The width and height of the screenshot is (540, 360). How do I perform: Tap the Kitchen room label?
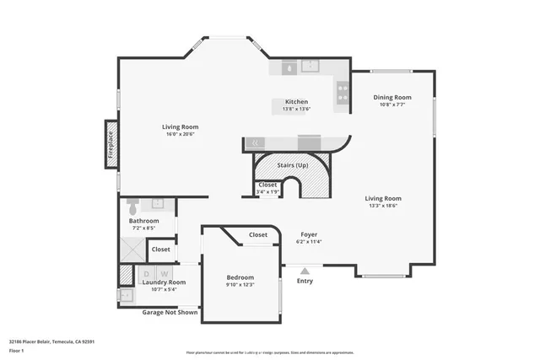point(296,101)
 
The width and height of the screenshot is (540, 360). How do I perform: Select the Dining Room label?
point(392,97)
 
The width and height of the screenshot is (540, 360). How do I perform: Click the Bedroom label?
point(240,277)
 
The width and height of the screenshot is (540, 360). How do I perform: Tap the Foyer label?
point(310,234)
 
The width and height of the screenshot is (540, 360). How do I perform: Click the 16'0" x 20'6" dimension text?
point(181,135)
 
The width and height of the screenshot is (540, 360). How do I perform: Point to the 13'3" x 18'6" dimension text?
point(382,206)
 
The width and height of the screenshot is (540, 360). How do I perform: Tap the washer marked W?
point(165,273)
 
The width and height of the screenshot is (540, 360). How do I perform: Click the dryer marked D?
point(147,273)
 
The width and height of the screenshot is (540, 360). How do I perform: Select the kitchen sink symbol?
point(291,67)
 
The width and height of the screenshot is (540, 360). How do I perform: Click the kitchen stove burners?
point(343,91)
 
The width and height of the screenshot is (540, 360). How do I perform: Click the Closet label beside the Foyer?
point(258,235)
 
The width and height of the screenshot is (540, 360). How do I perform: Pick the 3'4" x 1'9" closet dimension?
point(268,192)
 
